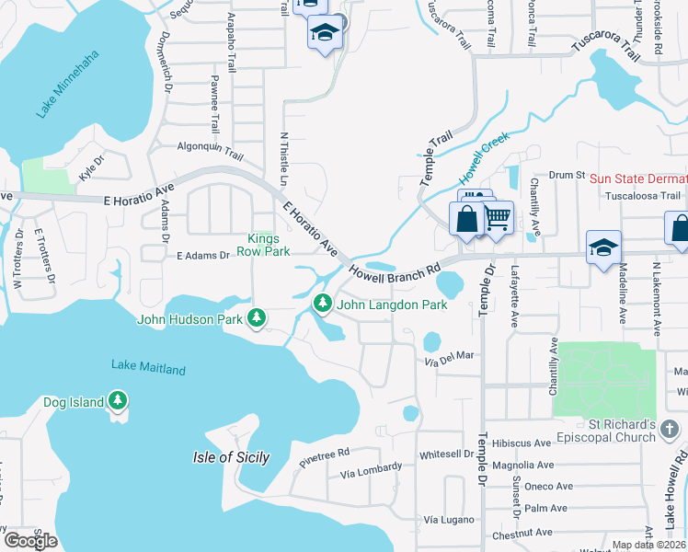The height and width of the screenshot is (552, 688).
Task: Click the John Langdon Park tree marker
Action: (x=322, y=302)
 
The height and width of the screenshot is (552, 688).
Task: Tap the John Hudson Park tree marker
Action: (x=257, y=318)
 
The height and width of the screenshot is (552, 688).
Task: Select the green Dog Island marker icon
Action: (x=117, y=400)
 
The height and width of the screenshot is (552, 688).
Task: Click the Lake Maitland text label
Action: (x=148, y=368)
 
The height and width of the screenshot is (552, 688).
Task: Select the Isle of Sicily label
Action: (x=231, y=457)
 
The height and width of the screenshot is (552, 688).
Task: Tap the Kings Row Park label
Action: (x=263, y=245)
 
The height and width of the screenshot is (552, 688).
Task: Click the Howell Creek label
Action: (x=485, y=156)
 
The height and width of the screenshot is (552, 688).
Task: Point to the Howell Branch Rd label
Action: (x=393, y=273)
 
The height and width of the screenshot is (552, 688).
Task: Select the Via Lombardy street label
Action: (x=371, y=471)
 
